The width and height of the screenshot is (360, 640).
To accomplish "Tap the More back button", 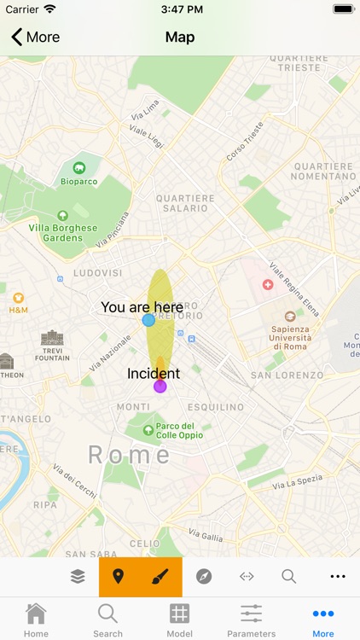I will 35,37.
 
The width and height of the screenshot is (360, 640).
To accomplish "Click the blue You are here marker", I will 148,320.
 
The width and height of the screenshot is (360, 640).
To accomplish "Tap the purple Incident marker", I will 160,387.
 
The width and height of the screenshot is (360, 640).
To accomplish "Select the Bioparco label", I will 79,180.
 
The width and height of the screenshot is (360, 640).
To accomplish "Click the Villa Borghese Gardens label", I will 62,232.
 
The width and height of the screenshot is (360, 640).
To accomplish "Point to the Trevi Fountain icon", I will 52,337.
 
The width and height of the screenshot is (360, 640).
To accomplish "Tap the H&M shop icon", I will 18,298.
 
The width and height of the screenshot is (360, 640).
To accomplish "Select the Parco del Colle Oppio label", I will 175,430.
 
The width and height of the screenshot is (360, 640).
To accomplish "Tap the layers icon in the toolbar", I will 78,577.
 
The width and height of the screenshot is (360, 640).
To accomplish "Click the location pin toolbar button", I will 119,577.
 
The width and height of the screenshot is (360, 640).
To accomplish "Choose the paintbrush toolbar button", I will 160,577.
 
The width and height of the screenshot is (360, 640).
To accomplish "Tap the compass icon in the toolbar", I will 203,577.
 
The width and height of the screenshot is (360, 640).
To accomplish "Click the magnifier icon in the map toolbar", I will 289,577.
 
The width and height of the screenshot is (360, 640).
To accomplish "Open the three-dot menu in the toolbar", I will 338,577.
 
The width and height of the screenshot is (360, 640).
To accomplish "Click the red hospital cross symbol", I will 268,283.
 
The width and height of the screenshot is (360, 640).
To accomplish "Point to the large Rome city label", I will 130,454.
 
